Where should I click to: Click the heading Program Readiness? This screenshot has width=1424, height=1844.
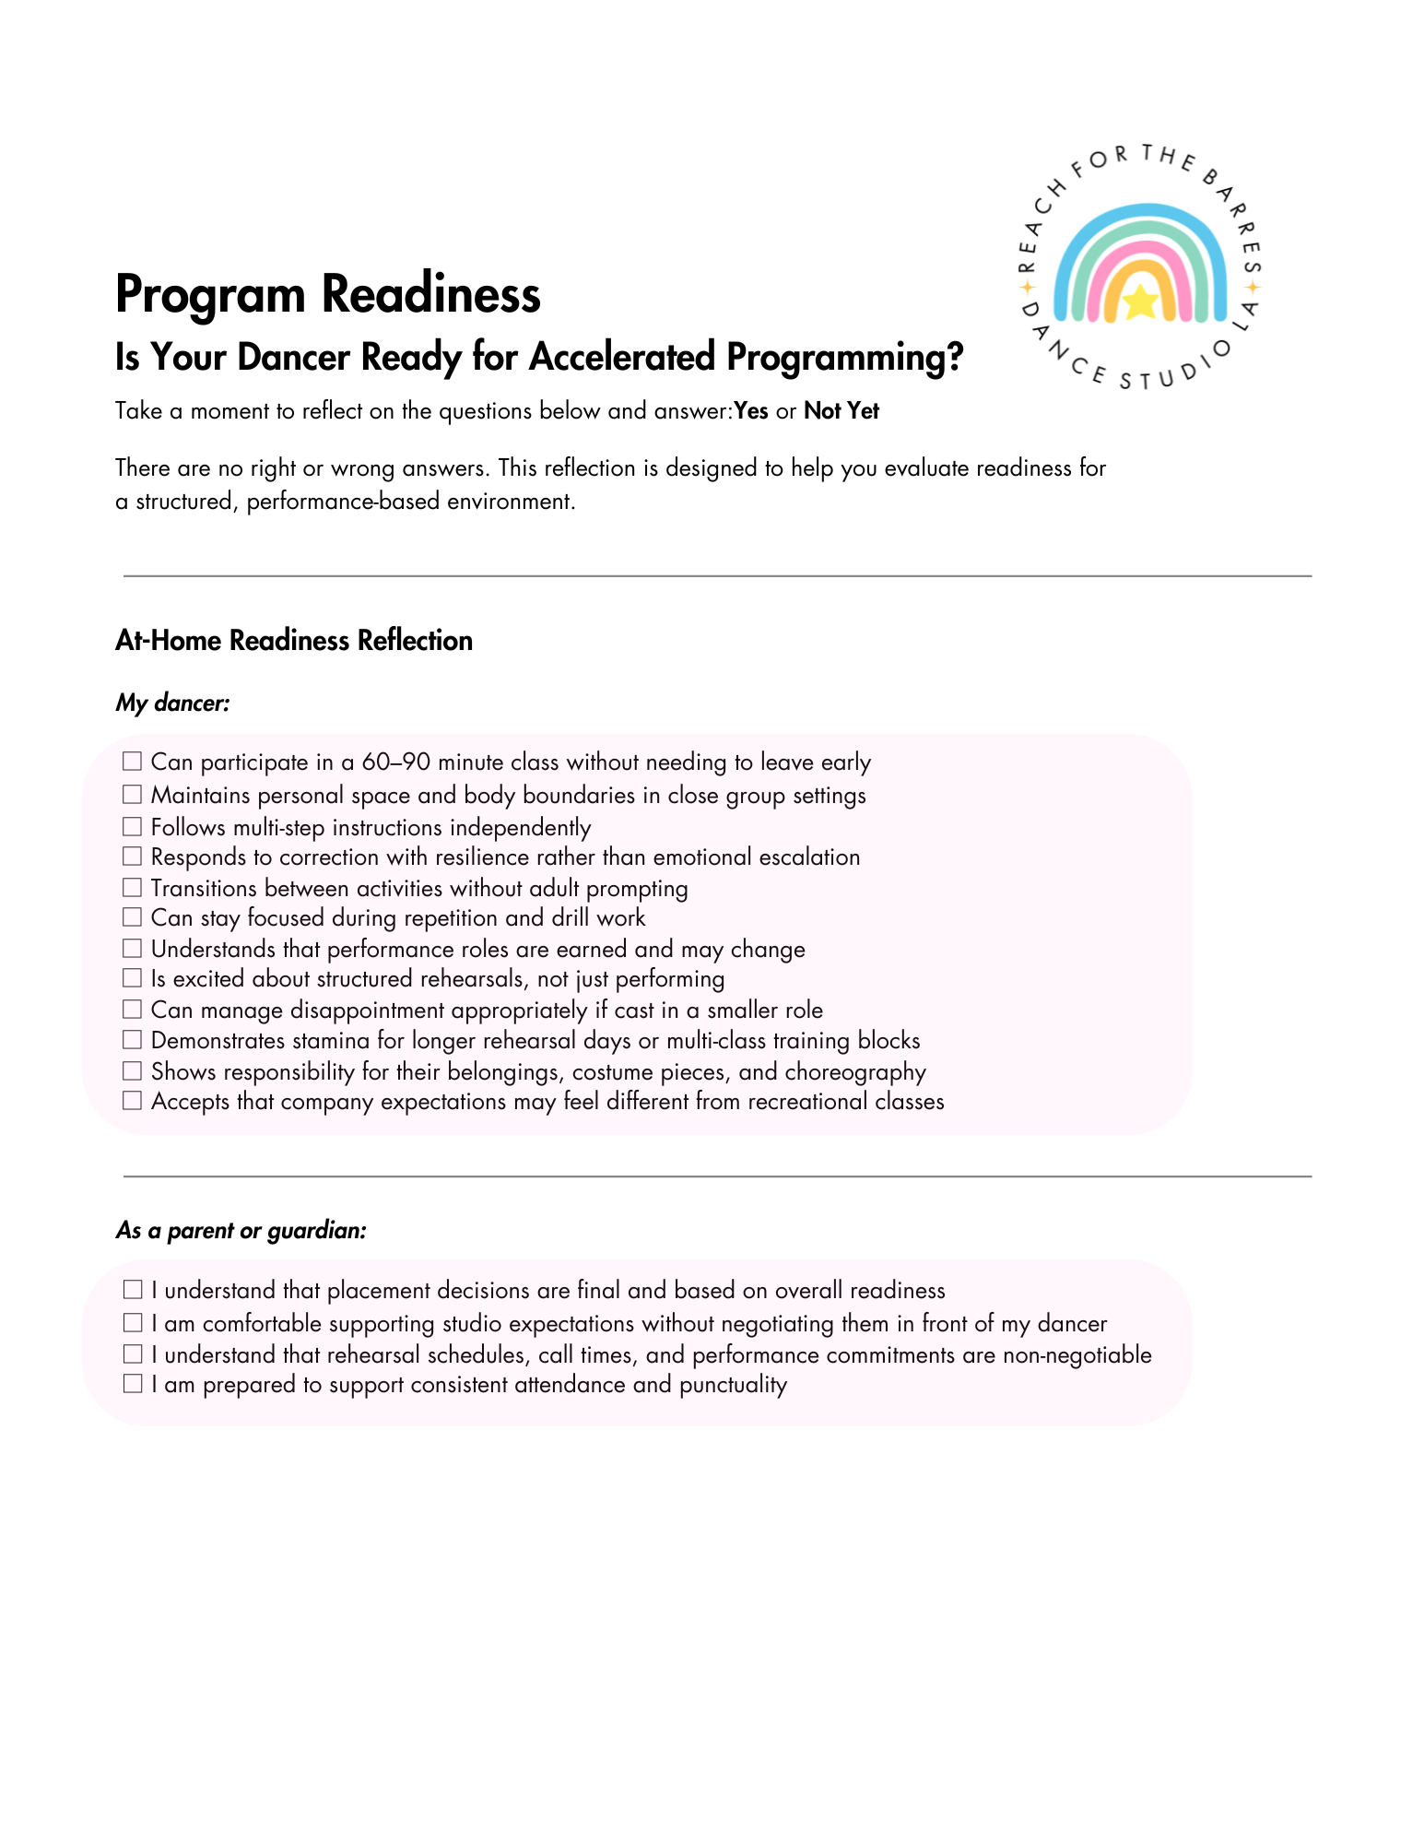pyautogui.click(x=328, y=294)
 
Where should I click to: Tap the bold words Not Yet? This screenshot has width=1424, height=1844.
pyautogui.click(x=841, y=411)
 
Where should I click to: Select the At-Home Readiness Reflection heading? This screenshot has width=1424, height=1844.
pyautogui.click(x=294, y=641)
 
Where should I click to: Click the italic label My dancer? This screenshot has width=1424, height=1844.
pyautogui.click(x=172, y=703)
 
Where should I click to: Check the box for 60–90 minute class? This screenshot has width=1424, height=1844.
pyautogui.click(x=133, y=762)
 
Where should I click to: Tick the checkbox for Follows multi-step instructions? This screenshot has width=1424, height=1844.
pyautogui.click(x=133, y=826)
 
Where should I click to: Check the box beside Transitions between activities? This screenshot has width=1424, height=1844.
pyautogui.click(x=133, y=887)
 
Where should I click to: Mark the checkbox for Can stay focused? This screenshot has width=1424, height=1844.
pyautogui.click(x=133, y=917)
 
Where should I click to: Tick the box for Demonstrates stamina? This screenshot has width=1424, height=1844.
pyautogui.click(x=133, y=1040)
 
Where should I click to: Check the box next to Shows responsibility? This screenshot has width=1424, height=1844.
pyautogui.click(x=133, y=1071)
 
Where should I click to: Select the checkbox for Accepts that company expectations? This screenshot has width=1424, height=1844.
pyautogui.click(x=133, y=1101)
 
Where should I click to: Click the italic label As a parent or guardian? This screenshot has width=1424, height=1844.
pyautogui.click(x=241, y=1231)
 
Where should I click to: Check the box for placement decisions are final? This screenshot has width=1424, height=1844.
pyautogui.click(x=133, y=1290)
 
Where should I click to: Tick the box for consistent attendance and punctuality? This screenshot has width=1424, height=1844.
pyautogui.click(x=133, y=1384)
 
